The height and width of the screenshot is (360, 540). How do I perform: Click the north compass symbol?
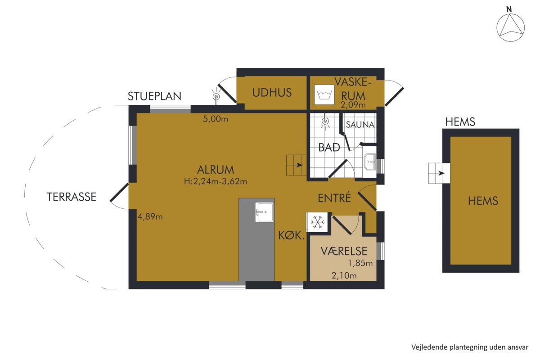tap(510, 27)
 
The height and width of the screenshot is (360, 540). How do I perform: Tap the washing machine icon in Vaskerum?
tap(324, 94)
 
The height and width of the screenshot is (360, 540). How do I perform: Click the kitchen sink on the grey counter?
tap(264, 212)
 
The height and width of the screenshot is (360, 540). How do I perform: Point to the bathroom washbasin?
tap(370, 162)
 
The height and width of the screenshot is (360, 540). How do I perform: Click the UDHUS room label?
tap(272, 93)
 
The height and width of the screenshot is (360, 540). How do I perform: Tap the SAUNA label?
tap(360, 125)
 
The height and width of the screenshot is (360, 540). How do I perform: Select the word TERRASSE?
tap(72, 197)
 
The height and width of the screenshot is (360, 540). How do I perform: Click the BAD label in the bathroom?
tap(329, 147)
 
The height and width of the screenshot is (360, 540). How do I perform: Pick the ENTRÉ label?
tap(334, 198)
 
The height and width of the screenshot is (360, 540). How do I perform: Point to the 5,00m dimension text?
tap(216, 119)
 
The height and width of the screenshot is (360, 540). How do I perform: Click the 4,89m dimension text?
tap(150, 216)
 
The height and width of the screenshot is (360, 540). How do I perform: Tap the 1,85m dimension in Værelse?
tap(360, 263)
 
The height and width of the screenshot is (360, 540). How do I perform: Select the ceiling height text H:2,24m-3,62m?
tap(216, 181)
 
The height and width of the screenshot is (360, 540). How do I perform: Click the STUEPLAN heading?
tap(154, 96)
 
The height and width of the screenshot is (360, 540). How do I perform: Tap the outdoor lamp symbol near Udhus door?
tap(216, 96)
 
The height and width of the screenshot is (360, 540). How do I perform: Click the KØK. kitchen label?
tap(292, 235)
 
